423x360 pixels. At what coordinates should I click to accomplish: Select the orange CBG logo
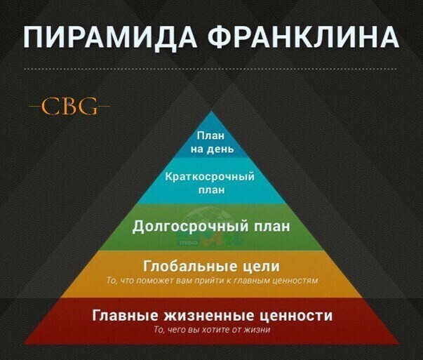[69, 106]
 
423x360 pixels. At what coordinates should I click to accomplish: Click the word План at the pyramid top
[210, 135]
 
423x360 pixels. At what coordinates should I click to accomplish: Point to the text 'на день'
[212, 149]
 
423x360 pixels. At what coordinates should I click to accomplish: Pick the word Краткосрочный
[210, 177]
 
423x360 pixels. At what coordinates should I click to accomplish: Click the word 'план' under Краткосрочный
[212, 190]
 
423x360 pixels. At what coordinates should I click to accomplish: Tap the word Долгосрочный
[190, 226]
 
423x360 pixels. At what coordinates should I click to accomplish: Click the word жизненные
[209, 315]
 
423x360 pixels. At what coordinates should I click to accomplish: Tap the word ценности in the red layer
[296, 316]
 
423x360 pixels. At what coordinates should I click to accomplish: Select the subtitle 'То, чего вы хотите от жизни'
[212, 330]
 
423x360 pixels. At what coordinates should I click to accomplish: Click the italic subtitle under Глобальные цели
[212, 281]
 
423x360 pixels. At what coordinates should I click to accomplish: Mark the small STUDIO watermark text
[188, 243]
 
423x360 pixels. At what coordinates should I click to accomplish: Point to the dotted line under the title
[210, 69]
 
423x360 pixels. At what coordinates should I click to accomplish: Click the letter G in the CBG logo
[88, 106]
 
